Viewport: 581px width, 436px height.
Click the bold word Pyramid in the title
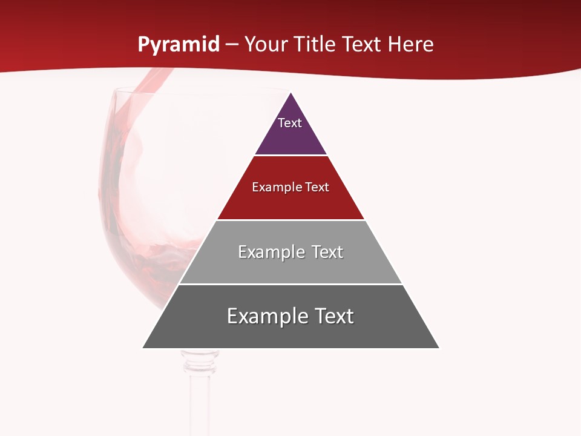(x=178, y=45)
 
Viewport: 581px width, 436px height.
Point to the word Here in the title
(x=410, y=45)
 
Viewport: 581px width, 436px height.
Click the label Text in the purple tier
(x=290, y=123)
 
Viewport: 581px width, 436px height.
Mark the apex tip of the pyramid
(x=291, y=94)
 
